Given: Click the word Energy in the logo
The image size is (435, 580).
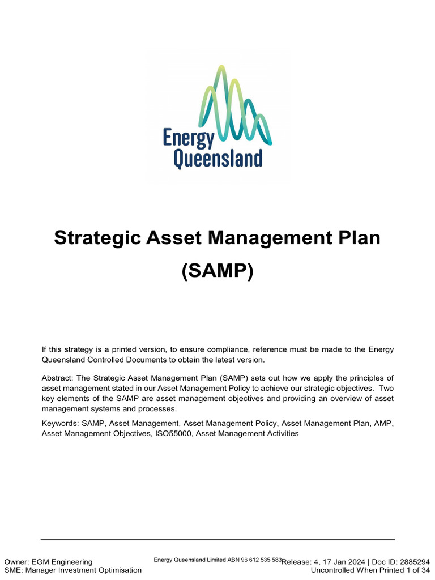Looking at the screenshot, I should coord(188,138).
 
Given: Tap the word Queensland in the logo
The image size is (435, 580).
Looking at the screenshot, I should coord(217,159).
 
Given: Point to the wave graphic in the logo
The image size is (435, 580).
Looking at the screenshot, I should coord(234,105).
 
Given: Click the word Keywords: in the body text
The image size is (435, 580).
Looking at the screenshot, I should coord(60,423).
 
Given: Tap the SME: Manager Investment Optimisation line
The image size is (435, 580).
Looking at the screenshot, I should coord(72,570).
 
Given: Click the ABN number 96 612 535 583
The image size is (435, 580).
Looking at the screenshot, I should coord(262,560).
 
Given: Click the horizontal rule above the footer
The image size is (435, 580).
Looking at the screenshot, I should coord(217,539).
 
